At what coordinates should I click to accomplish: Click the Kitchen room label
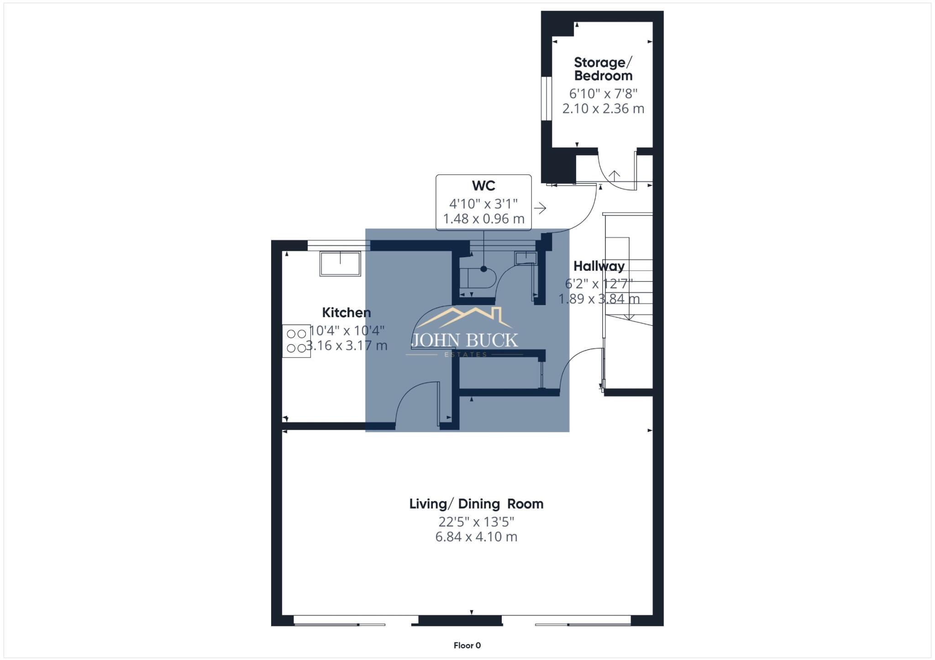tap(346, 313)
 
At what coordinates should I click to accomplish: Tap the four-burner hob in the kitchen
tap(296, 341)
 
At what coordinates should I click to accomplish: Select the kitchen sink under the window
tap(340, 264)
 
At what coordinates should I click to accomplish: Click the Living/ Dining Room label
tap(476, 504)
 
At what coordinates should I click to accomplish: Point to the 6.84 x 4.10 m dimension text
tap(476, 537)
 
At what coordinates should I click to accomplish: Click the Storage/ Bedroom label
tap(603, 69)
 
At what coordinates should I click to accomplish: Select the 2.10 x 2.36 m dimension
tap(603, 109)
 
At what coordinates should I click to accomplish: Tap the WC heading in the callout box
tap(483, 186)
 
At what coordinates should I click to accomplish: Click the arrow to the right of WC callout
tap(541, 208)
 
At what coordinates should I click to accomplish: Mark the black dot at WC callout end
tap(483, 269)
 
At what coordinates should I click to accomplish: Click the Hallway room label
tap(599, 266)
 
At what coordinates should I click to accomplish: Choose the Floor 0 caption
tap(467, 645)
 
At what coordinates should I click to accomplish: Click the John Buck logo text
tap(465, 340)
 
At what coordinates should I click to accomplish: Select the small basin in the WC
tap(525, 258)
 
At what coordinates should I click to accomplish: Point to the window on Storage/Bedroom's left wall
tap(546, 99)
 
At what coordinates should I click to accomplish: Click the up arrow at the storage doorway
tap(615, 175)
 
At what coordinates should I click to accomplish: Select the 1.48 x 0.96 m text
tap(483, 219)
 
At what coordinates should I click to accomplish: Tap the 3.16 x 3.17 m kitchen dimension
tap(347, 345)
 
